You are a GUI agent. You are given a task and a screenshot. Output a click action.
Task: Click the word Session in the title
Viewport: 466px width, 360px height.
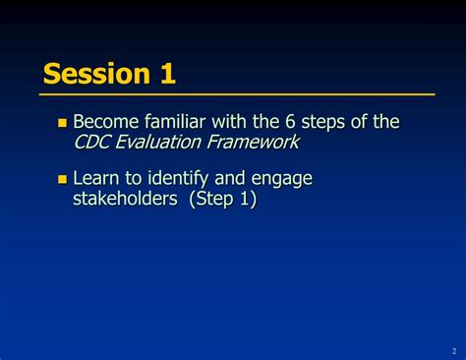pyautogui.click(x=95, y=74)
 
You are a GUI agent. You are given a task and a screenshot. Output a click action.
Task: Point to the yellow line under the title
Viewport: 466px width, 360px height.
pyautogui.click(x=237, y=94)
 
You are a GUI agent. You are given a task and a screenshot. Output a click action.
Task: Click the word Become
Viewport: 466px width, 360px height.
pyautogui.click(x=107, y=122)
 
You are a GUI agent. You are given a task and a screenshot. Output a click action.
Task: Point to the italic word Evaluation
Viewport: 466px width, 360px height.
pyautogui.click(x=164, y=143)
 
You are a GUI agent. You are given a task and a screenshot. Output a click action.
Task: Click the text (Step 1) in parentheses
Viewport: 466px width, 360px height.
pyautogui.click(x=223, y=201)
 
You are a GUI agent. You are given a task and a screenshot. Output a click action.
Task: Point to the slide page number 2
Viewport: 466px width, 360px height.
pyautogui.click(x=452, y=351)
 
